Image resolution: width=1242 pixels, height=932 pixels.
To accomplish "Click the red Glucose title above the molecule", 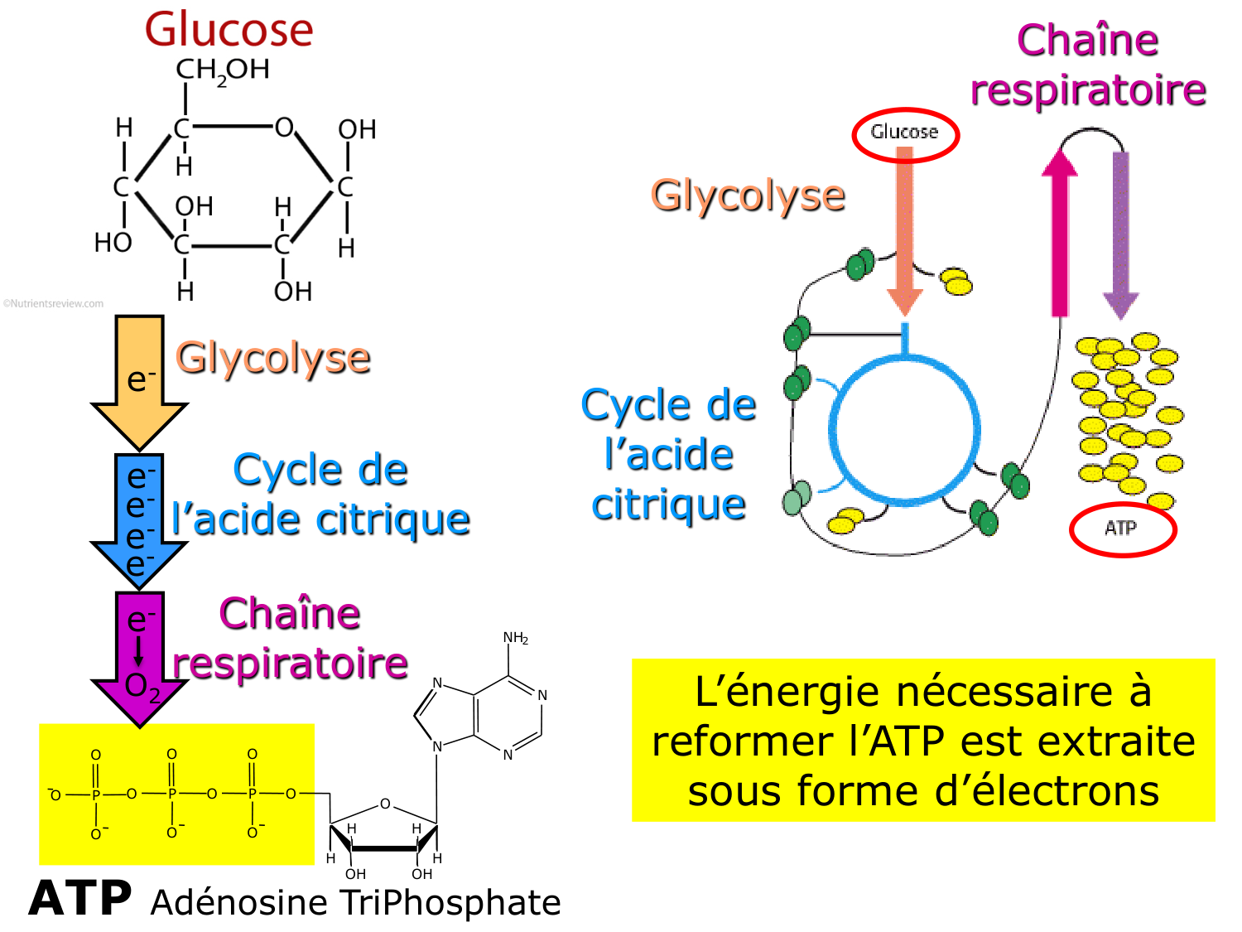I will [229, 30].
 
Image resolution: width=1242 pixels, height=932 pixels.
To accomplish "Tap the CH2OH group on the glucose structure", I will [222, 70].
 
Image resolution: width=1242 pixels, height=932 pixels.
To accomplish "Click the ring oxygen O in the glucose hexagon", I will [284, 128].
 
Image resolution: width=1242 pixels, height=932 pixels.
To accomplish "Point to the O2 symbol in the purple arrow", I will [142, 686].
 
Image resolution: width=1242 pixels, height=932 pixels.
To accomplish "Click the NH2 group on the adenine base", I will [515, 638].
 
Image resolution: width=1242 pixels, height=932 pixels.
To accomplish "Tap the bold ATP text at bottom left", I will [80, 899].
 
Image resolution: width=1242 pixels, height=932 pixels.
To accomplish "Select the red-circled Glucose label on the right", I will [904, 133].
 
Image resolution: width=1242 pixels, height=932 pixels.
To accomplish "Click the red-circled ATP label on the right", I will [1121, 529].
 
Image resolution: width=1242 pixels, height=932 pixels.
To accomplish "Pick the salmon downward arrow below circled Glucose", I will [905, 232].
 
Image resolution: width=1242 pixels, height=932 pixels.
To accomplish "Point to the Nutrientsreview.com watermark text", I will [54, 304].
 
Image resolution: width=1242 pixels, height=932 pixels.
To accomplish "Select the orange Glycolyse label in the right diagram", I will [748, 196].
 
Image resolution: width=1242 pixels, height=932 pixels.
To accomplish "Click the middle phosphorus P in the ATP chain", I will [172, 794].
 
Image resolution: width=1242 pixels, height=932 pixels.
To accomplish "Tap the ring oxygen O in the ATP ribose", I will [385, 804].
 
